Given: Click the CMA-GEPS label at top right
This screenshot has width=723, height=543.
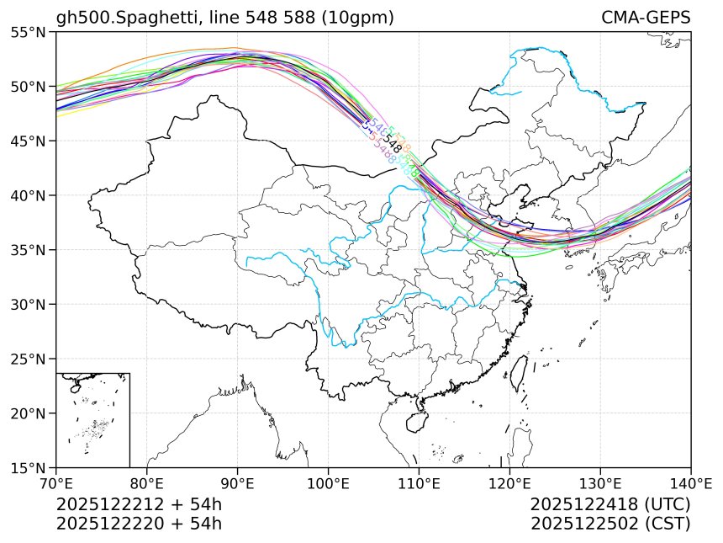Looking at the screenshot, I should click(646, 18).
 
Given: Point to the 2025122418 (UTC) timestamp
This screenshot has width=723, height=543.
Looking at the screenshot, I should click(610, 504).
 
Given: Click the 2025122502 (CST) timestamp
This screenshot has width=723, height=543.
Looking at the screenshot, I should click(610, 523).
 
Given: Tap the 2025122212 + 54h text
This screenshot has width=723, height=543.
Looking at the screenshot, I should click(139, 504).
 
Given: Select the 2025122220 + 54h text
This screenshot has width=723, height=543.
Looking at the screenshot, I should click(139, 523).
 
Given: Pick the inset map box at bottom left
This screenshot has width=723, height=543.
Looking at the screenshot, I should click(92, 419).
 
